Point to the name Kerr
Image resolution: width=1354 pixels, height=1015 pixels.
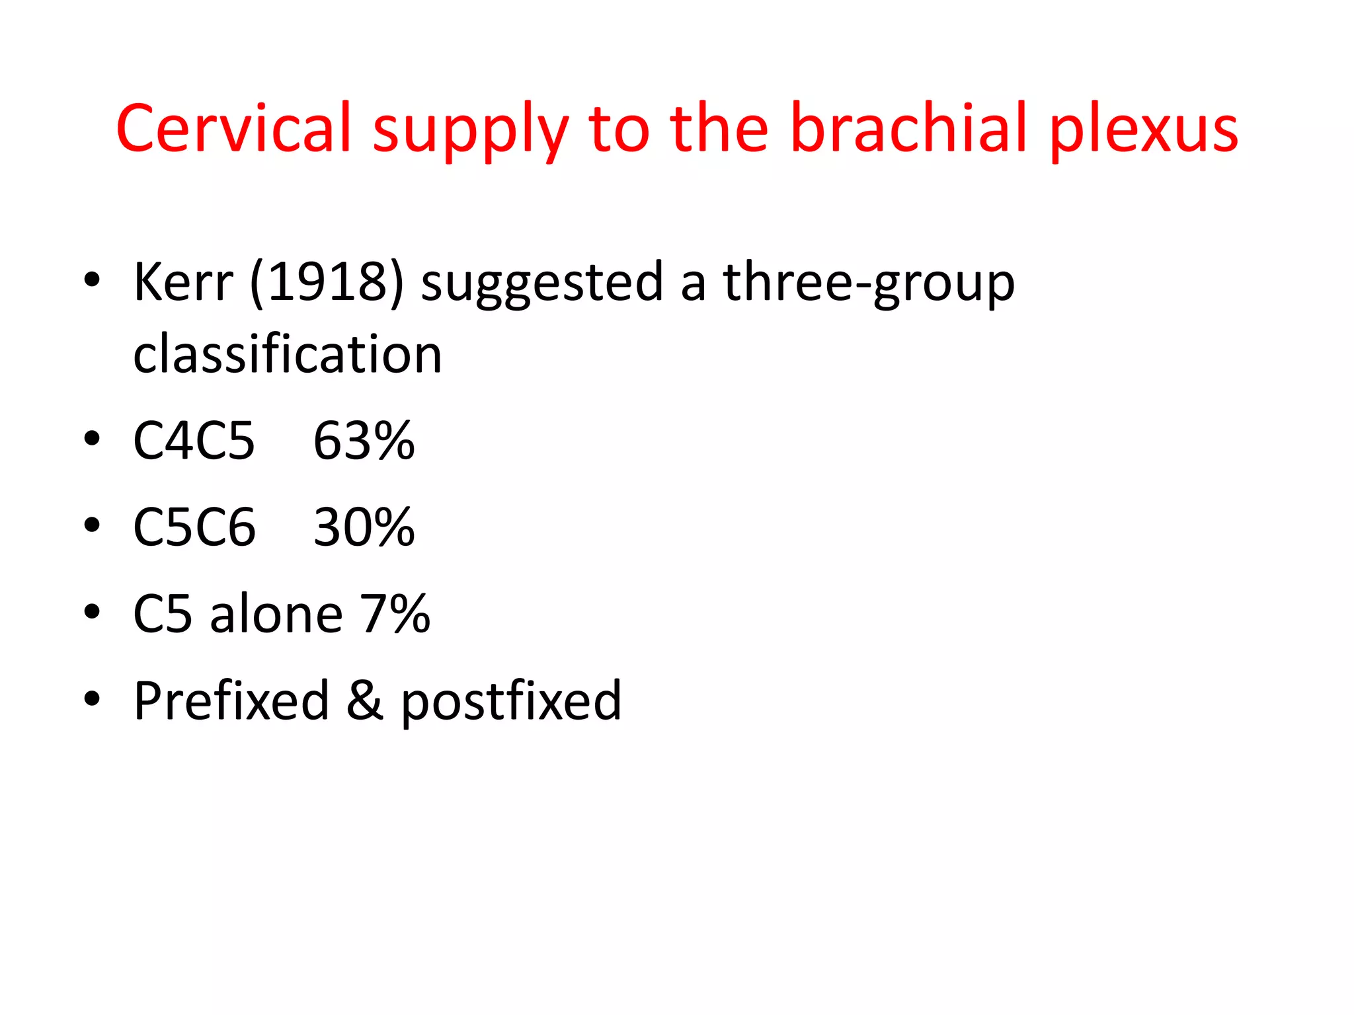(x=183, y=282)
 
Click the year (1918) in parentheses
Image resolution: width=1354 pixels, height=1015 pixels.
(x=327, y=283)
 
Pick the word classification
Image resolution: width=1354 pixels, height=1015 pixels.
(x=288, y=355)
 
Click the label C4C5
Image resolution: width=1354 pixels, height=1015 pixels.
(x=194, y=441)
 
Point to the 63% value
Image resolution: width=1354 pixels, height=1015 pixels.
(x=364, y=441)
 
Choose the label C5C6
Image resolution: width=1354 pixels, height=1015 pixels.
(x=194, y=527)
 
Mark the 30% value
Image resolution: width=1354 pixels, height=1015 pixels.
(x=364, y=527)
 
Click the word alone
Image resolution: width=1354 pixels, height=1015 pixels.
(x=276, y=614)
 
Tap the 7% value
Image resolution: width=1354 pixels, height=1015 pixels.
(x=395, y=614)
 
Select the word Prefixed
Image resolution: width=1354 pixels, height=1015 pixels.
(x=231, y=700)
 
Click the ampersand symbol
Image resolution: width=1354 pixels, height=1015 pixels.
(x=364, y=700)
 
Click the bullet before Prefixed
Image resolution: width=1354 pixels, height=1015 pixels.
(x=92, y=698)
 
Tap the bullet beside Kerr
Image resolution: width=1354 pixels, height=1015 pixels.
(x=92, y=280)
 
